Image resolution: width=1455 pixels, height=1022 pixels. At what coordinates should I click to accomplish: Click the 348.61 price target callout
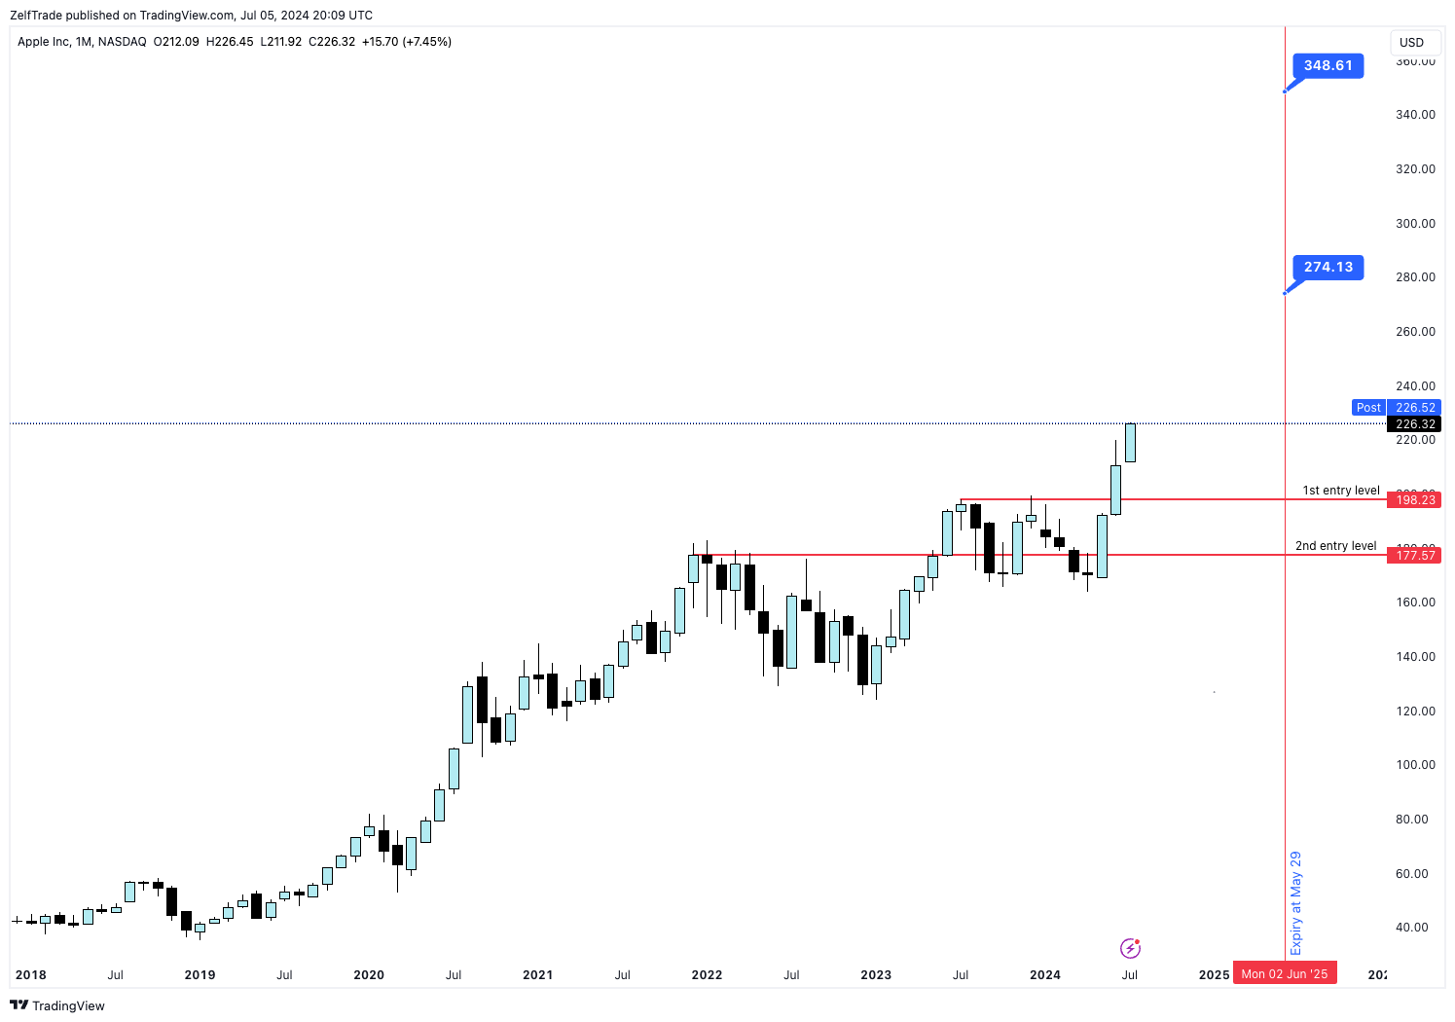[x=1328, y=66]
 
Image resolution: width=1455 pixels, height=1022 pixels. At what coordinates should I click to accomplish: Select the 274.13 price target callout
[x=1328, y=267]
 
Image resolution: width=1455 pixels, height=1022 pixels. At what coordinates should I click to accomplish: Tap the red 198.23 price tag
[x=1415, y=500]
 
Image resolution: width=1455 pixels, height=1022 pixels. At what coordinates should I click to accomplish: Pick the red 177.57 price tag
[x=1415, y=556]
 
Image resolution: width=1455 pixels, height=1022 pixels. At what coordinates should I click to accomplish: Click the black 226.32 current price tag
[x=1415, y=424]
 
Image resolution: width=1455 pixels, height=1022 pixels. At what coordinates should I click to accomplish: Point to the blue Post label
[x=1368, y=408]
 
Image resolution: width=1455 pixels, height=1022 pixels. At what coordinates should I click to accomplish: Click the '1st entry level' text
[x=1340, y=491]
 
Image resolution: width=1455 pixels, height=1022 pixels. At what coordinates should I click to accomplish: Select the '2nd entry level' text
[x=1335, y=546]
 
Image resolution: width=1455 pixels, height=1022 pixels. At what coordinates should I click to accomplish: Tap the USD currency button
[x=1411, y=43]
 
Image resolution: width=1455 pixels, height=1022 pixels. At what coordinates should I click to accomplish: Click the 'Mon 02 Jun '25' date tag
[x=1284, y=974]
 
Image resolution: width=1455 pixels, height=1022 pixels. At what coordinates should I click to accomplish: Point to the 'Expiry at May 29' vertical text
[x=1295, y=902]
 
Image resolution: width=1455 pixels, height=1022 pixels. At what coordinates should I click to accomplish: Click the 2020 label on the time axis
[x=369, y=974]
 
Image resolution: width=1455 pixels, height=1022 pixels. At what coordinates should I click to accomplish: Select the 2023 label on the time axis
[x=876, y=974]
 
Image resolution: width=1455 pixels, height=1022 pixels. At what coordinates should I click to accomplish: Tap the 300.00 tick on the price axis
[x=1415, y=224]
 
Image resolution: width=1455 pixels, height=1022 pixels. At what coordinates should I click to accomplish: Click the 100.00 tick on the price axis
[x=1415, y=765]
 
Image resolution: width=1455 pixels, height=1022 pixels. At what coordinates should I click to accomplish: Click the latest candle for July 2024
[x=1130, y=443]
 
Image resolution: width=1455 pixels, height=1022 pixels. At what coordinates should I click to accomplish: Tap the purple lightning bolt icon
[x=1130, y=948]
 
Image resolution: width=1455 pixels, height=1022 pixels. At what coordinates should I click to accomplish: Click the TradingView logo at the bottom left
[x=57, y=1005]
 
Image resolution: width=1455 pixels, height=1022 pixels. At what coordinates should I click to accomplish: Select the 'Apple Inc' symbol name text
[x=44, y=42]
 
